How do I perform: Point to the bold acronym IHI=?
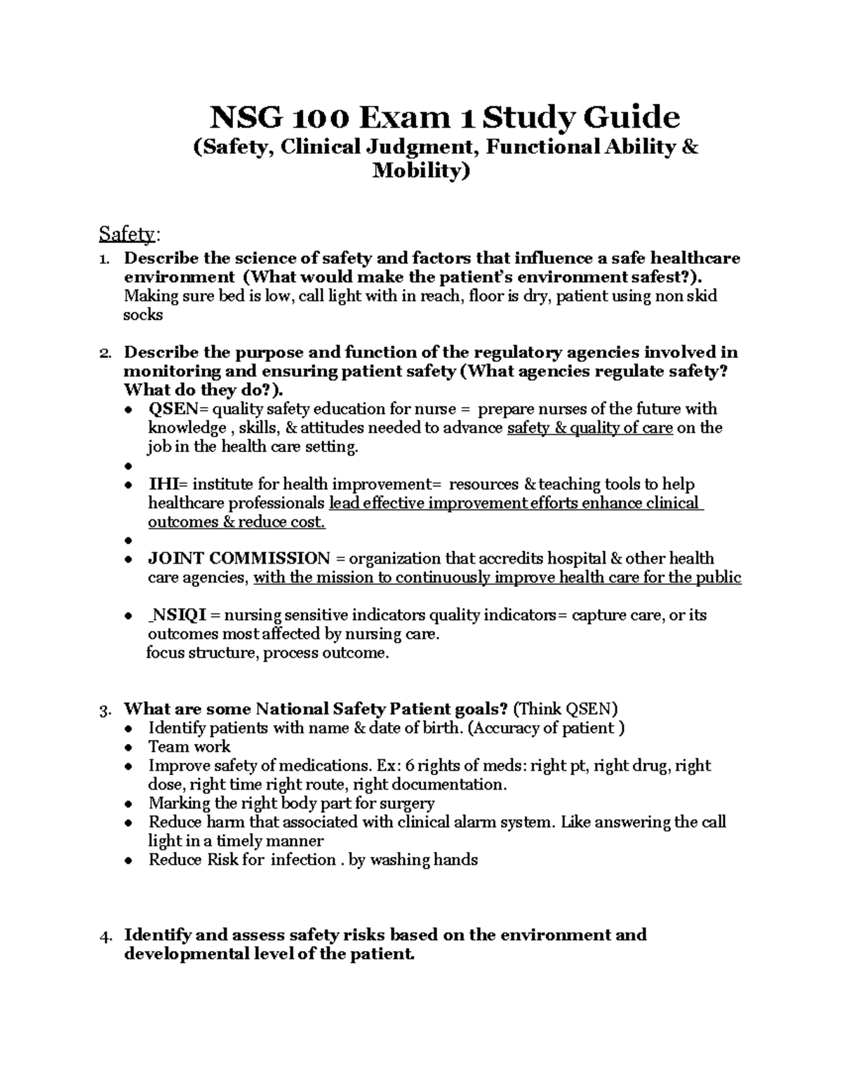tap(168, 484)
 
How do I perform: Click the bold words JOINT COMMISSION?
tap(239, 559)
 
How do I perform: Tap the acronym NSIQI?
tap(179, 616)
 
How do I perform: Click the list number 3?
tap(105, 710)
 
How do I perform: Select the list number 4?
tap(105, 936)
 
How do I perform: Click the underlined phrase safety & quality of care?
tap(589, 428)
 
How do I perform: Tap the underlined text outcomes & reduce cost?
tap(236, 522)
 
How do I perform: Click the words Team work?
tap(189, 747)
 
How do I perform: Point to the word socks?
tap(143, 315)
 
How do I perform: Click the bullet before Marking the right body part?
tap(127, 804)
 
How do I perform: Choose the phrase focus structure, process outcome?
tap(267, 653)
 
